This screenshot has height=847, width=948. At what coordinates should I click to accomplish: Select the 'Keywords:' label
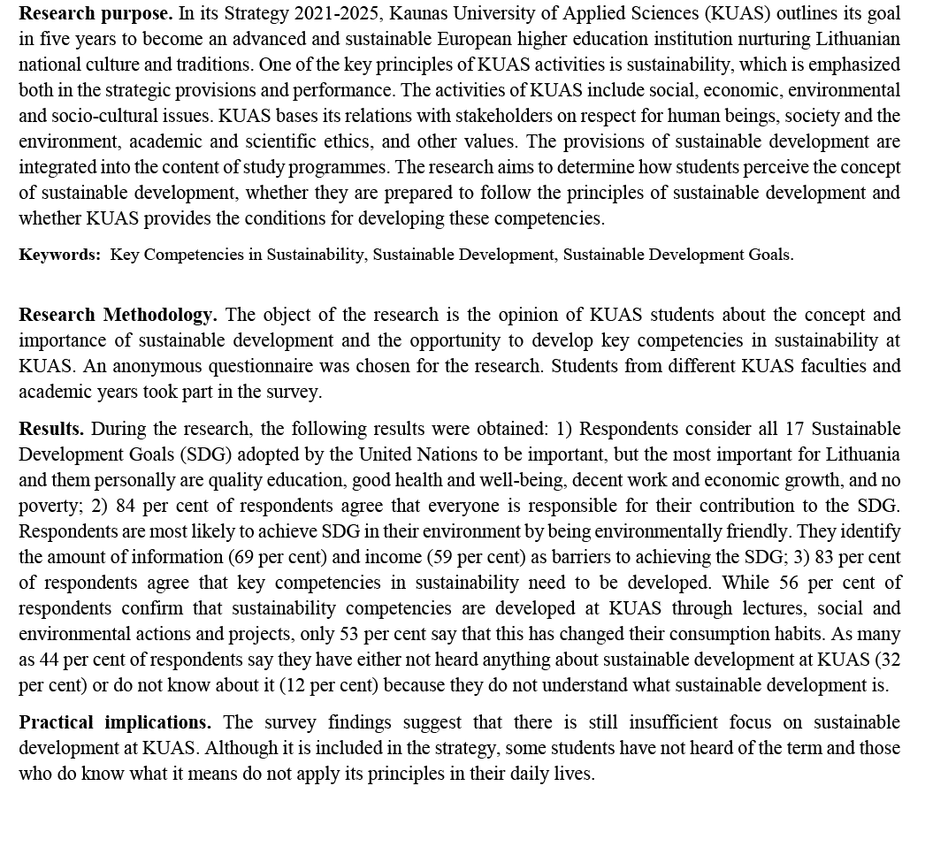point(60,255)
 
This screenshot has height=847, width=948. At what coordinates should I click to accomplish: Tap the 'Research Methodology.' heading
point(118,315)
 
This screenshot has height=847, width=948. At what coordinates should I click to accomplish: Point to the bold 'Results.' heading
point(51,429)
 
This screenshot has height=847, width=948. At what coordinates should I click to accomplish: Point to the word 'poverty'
point(48,506)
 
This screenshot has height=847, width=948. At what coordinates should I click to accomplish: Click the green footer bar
point(474,819)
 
